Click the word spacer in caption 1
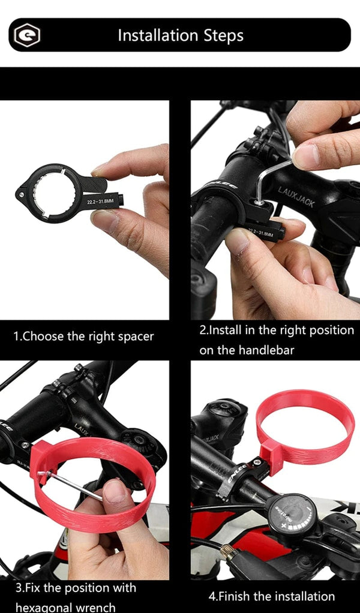[133, 336]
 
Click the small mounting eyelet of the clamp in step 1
[22, 194]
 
